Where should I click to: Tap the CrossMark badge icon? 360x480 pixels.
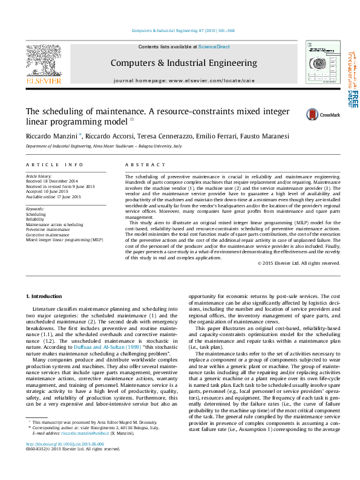pos(312,114)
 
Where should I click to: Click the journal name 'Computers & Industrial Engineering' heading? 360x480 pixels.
pos(184,63)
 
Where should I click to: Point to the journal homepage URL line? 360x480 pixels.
pos(184,80)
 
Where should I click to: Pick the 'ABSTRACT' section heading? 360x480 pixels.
pos(145,164)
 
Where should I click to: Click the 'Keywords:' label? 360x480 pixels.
pos(35,209)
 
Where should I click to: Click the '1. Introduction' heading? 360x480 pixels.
pos(46,296)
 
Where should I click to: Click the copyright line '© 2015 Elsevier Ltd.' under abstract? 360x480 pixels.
pos(299,263)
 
